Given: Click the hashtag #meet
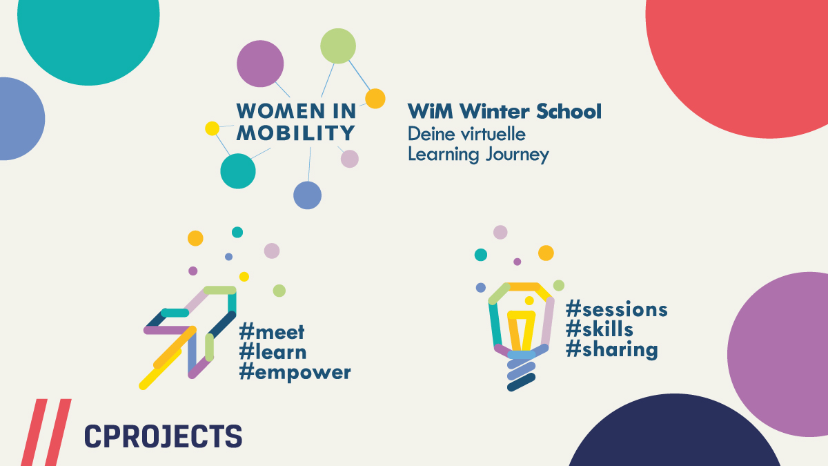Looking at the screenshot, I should tap(272, 331).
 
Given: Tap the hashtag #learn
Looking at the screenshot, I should tap(273, 352).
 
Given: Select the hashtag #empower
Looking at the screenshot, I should tap(295, 373).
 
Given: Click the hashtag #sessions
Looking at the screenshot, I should tap(617, 309).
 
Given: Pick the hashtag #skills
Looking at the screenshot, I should tap(599, 329).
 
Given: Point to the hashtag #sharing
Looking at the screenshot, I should tap(611, 349).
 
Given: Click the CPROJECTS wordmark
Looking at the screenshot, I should tap(163, 436).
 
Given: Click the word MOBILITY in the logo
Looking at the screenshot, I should tap(296, 132).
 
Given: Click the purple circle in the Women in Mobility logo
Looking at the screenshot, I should tap(260, 64).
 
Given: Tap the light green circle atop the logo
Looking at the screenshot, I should tap(338, 46).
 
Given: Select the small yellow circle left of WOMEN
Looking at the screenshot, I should tap(213, 128).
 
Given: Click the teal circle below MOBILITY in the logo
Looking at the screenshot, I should tap(238, 171).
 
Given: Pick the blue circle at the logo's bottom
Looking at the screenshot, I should tap(308, 195).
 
